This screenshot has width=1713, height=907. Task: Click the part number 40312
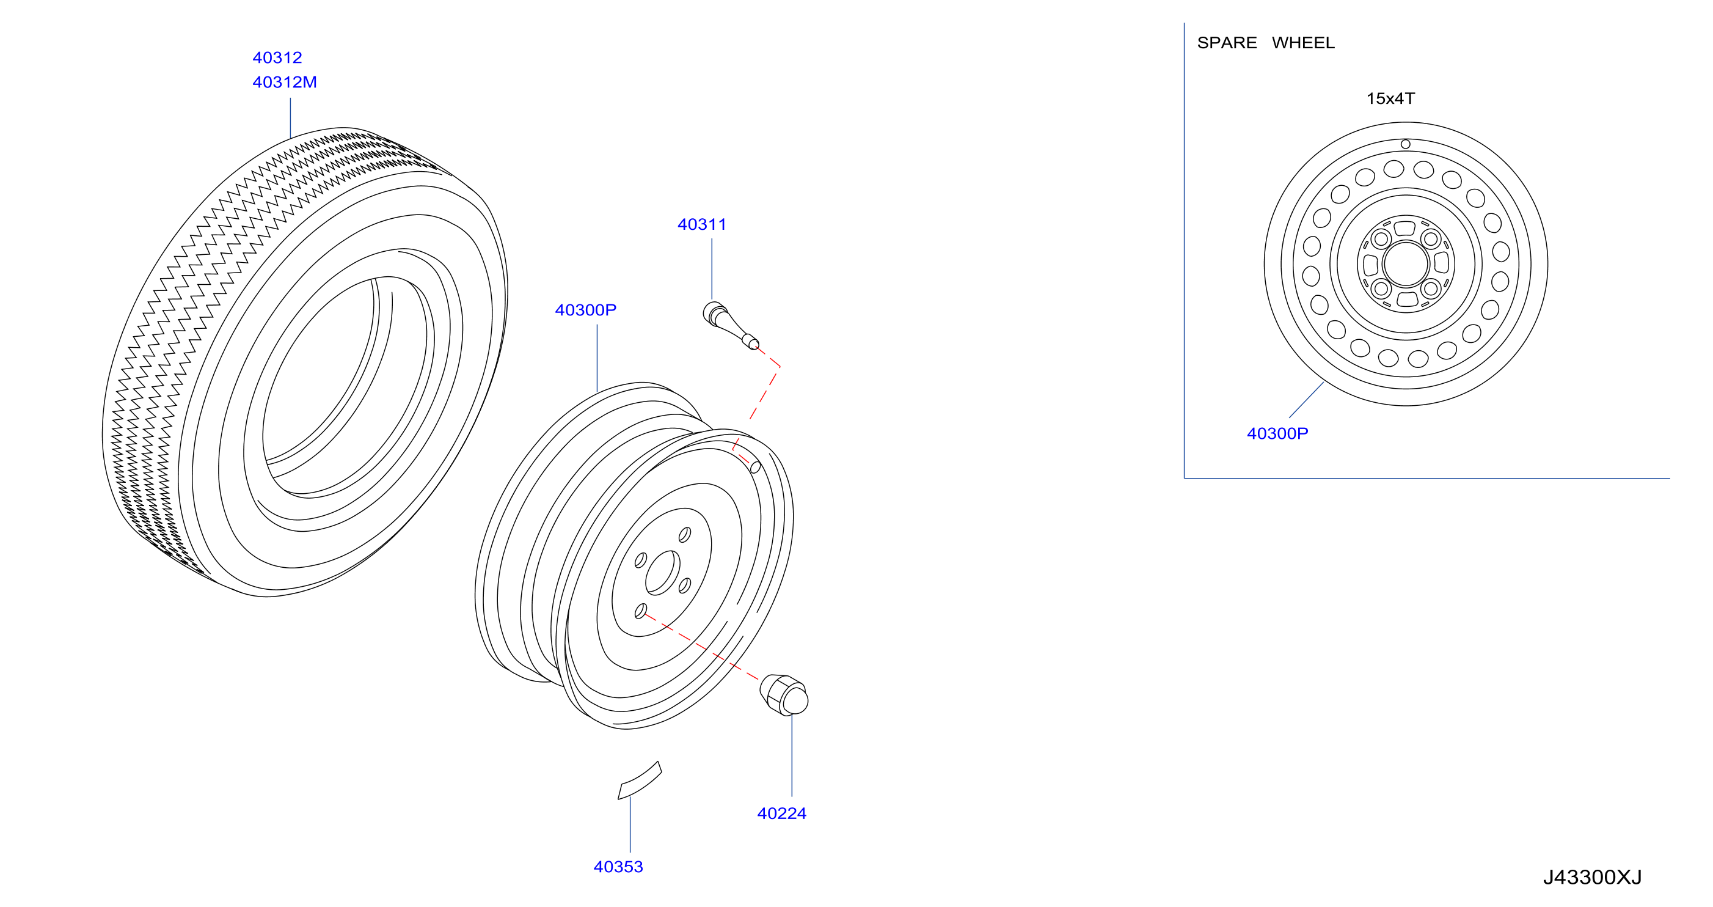click(x=277, y=58)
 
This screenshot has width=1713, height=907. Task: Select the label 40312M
click(x=285, y=83)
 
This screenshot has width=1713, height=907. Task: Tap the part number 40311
click(x=701, y=225)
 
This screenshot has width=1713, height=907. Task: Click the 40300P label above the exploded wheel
click(x=585, y=310)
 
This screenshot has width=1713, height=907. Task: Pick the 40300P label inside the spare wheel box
click(x=1277, y=434)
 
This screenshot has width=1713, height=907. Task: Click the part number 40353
click(x=618, y=867)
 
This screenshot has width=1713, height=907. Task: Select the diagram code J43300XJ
click(x=1592, y=878)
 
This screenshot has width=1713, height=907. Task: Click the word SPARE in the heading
click(x=1227, y=43)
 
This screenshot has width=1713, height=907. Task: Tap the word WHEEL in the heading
click(x=1303, y=43)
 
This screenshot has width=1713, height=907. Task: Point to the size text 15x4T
click(x=1390, y=99)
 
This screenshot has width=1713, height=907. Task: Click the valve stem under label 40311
click(x=730, y=325)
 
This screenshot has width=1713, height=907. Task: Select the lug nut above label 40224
click(x=784, y=696)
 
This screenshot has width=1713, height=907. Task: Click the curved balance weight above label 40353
click(x=639, y=780)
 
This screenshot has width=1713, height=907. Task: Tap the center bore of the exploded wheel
click(x=662, y=573)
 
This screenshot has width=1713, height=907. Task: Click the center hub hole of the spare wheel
click(x=1406, y=263)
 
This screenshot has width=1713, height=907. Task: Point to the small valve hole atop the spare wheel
click(x=1405, y=144)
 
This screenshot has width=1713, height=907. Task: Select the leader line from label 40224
click(x=791, y=756)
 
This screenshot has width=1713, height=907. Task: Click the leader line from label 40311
click(x=712, y=270)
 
